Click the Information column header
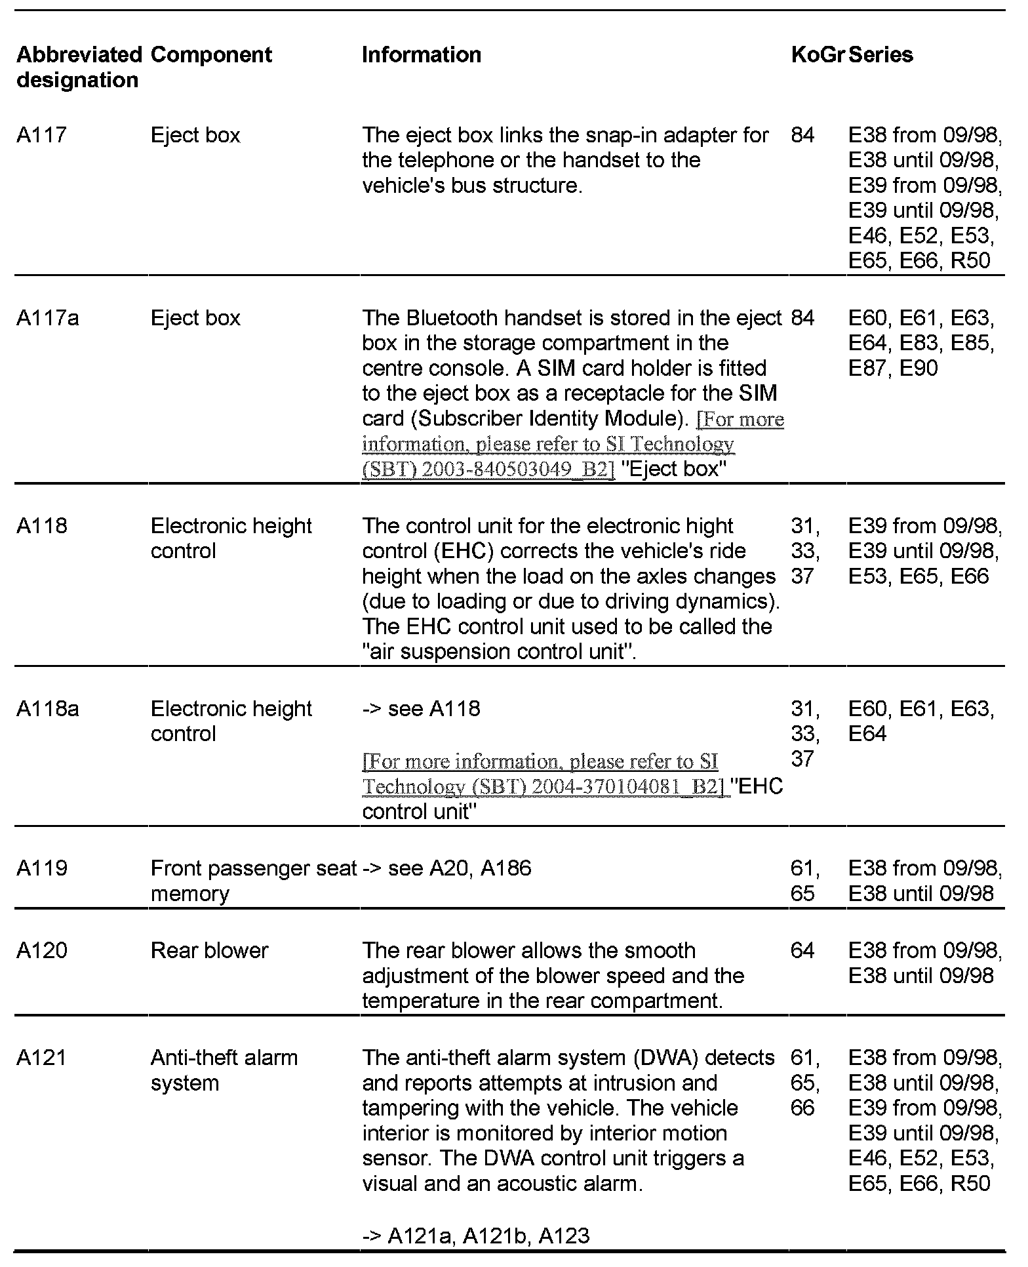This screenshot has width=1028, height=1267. click(422, 54)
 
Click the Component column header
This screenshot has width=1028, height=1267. click(211, 54)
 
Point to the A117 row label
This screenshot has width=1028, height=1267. click(42, 135)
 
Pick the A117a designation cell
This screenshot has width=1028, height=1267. click(48, 318)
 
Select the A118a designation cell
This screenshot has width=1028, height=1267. click(48, 708)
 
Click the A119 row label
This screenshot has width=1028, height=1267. click(42, 868)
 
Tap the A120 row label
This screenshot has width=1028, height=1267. click(42, 950)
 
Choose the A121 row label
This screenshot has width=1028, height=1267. click(41, 1057)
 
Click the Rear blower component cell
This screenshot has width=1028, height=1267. click(209, 950)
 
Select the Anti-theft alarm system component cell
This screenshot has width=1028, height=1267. click(224, 1070)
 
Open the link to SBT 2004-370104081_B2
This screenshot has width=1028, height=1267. click(541, 774)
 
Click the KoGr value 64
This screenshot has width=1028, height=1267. click(802, 950)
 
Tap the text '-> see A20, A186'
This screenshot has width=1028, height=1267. click(446, 868)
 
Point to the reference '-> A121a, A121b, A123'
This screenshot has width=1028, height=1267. click(476, 1236)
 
